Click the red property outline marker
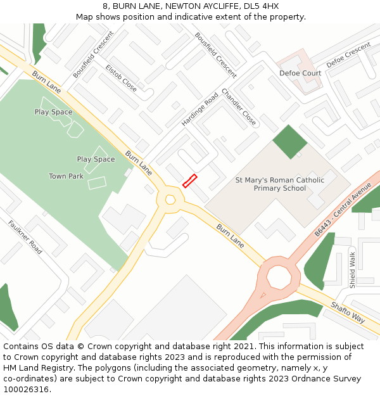click(x=189, y=181)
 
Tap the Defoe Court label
click(x=300, y=73)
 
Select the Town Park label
click(x=66, y=176)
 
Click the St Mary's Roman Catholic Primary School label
click(x=279, y=184)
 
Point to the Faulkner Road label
click(x=25, y=238)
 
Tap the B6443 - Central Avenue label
click(x=343, y=210)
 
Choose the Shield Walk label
click(x=353, y=271)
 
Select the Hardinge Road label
click(x=199, y=109)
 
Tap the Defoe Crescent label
click(x=348, y=56)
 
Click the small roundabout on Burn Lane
click(x=170, y=200)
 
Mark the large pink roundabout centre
click(x=279, y=277)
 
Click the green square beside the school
click(x=289, y=142)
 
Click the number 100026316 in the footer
click(x=26, y=390)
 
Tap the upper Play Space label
click(x=53, y=112)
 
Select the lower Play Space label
click(x=96, y=160)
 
